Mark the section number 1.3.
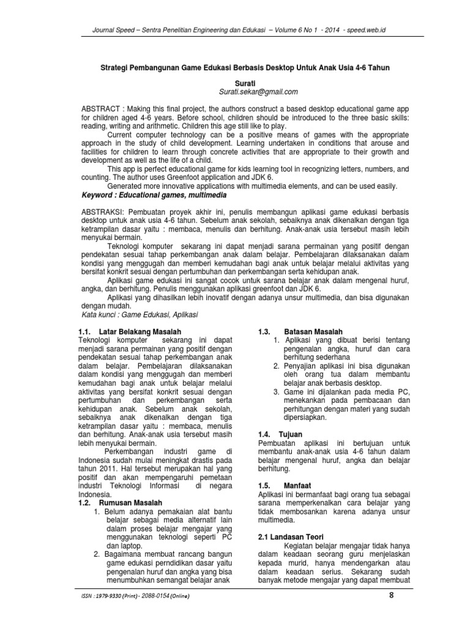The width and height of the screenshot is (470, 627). (264, 331)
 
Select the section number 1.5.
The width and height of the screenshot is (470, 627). (264, 485)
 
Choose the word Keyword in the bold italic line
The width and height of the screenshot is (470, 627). (100, 195)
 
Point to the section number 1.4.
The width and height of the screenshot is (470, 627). (264, 434)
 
